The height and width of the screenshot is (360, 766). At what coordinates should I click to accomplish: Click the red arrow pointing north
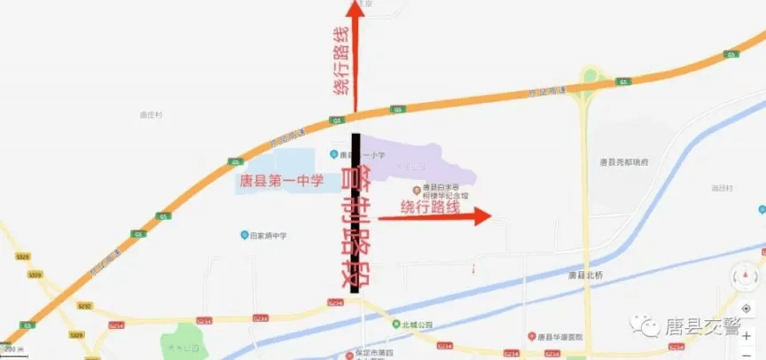coord(355,53)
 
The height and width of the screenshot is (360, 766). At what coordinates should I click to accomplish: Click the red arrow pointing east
coord(434,216)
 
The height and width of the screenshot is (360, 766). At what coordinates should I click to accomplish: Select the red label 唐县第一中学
coord(281,183)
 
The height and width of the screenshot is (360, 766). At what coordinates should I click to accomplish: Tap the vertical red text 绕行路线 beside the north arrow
coord(341,62)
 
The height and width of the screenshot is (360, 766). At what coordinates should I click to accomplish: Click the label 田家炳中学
coord(268,235)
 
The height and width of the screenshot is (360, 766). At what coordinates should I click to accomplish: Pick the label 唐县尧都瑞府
coord(624,162)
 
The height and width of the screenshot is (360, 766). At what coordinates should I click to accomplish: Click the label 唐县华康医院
coord(565,336)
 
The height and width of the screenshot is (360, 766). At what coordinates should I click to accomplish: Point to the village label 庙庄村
coord(152,115)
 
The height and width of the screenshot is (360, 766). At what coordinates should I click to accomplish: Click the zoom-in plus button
coord(746,337)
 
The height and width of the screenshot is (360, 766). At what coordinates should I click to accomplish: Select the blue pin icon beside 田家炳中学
coord(244,235)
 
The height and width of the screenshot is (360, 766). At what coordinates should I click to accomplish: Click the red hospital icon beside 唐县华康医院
coord(531,336)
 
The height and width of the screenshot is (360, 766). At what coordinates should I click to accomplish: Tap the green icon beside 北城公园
coord(397,325)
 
